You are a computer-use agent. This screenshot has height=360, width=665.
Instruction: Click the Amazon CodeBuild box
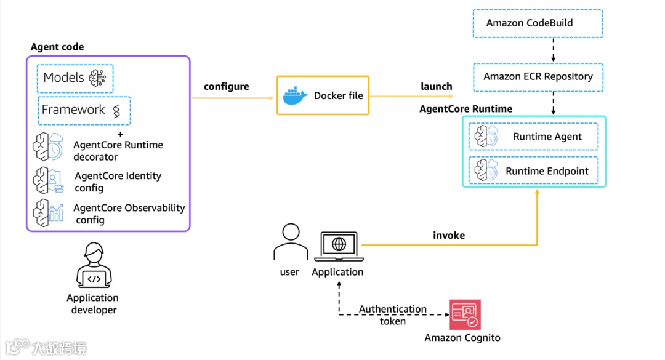tap(537, 23)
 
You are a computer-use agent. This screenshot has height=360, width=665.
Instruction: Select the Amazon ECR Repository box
tap(538, 76)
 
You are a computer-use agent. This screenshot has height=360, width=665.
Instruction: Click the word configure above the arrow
tap(227, 87)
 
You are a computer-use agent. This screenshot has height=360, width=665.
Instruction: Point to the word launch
tap(437, 87)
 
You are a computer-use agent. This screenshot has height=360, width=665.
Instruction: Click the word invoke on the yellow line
tap(449, 236)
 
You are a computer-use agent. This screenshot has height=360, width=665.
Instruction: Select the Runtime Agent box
tap(533, 137)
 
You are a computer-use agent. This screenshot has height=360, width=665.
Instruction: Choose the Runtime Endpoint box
tap(533, 171)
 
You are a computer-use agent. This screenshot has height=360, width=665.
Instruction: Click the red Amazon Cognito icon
tap(465, 315)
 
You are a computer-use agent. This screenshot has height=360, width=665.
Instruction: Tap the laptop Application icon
tap(339, 246)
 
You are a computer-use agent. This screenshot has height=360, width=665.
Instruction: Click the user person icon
tap(290, 242)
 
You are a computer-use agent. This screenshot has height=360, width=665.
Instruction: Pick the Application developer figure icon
tap(93, 266)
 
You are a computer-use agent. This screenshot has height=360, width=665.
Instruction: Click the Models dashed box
tap(76, 78)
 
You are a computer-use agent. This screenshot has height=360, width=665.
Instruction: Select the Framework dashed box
tap(84, 111)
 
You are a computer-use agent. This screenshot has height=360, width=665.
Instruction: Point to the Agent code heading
tap(57, 47)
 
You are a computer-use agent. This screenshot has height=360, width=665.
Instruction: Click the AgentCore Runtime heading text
tap(465, 109)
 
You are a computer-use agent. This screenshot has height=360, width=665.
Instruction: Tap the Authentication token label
tap(393, 314)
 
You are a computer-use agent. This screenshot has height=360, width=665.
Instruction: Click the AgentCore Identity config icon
tap(48, 180)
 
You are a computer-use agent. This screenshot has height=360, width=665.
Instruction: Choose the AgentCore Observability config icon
tap(48, 213)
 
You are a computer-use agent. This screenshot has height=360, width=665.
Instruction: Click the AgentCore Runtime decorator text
tap(118, 151)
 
